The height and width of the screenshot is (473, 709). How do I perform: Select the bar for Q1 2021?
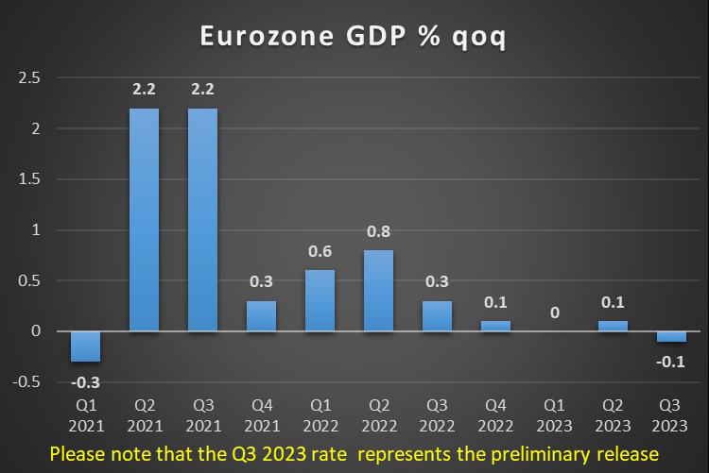click(86, 346)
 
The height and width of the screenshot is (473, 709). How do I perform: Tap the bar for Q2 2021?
click(145, 220)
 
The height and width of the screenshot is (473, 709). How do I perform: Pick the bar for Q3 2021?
click(203, 220)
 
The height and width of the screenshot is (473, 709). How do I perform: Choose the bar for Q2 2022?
click(378, 291)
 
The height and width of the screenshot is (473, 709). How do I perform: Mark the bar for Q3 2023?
click(671, 336)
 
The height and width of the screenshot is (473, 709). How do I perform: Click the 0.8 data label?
click(378, 231)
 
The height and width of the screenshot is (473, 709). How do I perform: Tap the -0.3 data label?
click(86, 381)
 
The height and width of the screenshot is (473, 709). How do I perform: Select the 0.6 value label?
click(320, 251)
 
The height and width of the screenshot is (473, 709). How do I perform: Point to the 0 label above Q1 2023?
click(554, 312)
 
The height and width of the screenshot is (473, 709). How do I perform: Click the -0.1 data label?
click(671, 362)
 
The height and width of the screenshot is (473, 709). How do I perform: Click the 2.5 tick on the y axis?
click(29, 77)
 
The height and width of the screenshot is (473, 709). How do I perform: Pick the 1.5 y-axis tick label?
click(29, 178)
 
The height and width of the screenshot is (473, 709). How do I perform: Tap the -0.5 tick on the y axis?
click(26, 381)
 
